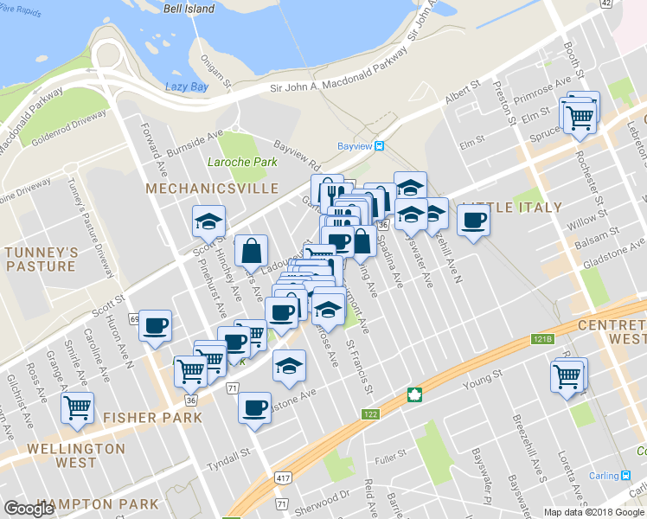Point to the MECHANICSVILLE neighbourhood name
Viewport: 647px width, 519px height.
pos(212,188)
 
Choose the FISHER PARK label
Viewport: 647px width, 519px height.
pos(152,417)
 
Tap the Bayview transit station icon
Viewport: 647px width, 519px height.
pos(379,146)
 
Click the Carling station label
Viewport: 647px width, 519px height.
pos(612,475)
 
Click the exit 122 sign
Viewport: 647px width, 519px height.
pos(371,415)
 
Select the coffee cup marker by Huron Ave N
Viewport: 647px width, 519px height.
pos(155,325)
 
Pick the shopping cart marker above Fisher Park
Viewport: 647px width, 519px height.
pos(189,371)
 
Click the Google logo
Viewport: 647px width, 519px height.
pos(29,509)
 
